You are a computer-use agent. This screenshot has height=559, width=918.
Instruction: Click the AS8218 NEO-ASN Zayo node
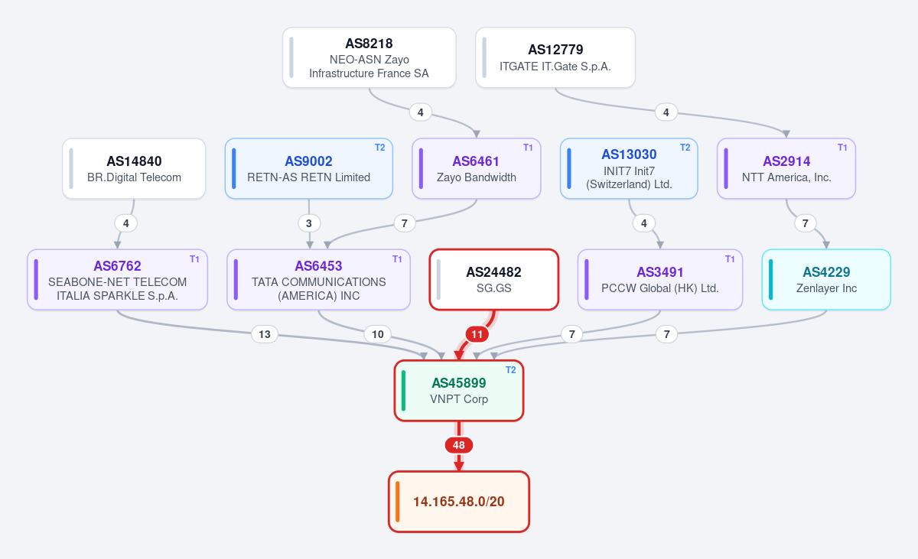click(369, 57)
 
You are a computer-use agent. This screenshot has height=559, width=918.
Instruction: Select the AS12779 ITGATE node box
click(555, 57)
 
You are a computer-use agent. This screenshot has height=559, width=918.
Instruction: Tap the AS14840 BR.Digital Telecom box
click(134, 168)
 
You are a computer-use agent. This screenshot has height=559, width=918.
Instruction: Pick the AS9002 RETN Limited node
click(308, 168)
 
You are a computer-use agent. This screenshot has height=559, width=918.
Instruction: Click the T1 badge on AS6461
click(528, 148)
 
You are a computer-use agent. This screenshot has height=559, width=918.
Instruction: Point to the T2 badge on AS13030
click(685, 148)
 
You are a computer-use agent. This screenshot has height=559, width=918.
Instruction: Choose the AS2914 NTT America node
click(786, 168)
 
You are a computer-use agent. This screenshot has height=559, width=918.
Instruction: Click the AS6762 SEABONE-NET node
click(117, 280)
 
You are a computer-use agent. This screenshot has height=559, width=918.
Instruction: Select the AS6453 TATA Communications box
click(318, 280)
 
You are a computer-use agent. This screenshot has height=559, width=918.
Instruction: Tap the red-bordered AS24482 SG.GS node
click(494, 280)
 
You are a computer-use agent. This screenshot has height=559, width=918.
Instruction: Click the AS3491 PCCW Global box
click(660, 280)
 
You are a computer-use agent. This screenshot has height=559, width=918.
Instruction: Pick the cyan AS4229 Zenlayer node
click(826, 280)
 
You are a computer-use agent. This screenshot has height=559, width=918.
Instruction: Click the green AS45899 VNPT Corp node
click(459, 391)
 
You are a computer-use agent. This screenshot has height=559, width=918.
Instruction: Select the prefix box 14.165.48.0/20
click(459, 502)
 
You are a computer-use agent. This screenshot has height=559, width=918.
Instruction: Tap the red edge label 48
click(459, 445)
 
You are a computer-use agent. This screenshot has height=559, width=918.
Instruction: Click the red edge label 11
click(477, 334)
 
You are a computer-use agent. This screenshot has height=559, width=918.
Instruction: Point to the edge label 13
click(265, 334)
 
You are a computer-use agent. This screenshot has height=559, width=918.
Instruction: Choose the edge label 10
click(377, 334)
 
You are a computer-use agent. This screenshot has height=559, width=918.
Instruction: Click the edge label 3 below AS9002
click(309, 223)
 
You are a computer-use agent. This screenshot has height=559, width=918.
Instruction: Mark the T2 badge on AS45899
click(511, 370)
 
